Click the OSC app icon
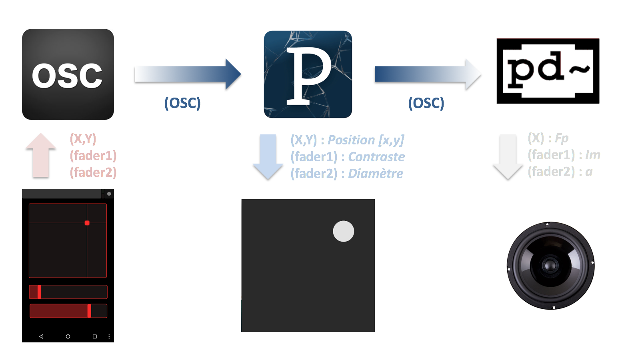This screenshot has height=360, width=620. (68, 74)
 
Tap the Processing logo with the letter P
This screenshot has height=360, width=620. (308, 74)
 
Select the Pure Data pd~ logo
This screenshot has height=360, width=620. (548, 71)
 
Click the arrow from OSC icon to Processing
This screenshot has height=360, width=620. (188, 74)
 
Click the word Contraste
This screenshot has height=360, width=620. (376, 157)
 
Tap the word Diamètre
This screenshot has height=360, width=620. (376, 174)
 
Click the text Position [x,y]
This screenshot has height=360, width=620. (366, 140)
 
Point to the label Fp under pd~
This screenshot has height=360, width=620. (562, 138)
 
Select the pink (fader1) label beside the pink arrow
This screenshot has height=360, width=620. (93, 155)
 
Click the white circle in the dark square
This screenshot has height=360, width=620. (344, 231)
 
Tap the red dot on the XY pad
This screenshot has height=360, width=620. (87, 223)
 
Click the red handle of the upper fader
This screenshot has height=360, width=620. (39, 292)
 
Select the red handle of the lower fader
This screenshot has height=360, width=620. (89, 311)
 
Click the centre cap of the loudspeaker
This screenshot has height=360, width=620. (550, 265)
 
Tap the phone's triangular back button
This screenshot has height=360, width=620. (41, 336)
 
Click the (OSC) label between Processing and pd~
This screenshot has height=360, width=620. (426, 103)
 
